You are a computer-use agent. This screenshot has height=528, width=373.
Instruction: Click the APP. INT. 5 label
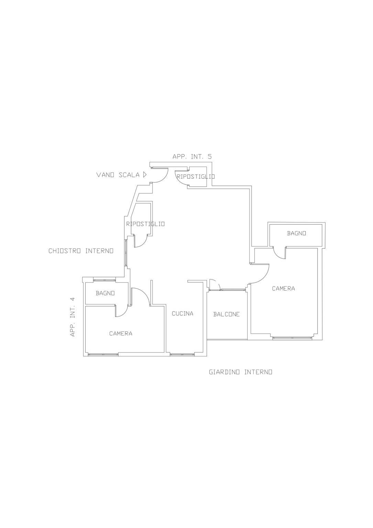[x=192, y=157]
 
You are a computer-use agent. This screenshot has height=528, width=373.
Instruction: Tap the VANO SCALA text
[x=118, y=175]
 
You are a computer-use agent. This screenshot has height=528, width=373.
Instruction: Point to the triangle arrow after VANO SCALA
[x=145, y=175]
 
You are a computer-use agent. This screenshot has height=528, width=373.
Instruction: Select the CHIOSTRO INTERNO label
[x=81, y=251]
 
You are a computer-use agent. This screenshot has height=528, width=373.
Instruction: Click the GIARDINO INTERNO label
[x=241, y=372]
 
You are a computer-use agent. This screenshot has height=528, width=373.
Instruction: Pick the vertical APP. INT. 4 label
[x=73, y=317]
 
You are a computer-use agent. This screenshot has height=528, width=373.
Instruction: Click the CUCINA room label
[x=183, y=313]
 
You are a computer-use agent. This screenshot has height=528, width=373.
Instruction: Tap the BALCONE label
[x=227, y=314]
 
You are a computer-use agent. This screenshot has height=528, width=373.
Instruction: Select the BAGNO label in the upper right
[x=296, y=233]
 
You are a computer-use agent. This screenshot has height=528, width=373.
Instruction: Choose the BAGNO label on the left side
[x=105, y=293]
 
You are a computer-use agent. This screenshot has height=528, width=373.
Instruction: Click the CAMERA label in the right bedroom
[x=284, y=289]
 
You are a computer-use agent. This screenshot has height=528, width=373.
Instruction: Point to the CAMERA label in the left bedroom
[x=121, y=334]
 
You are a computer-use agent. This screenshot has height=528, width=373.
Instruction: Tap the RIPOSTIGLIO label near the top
[x=196, y=176]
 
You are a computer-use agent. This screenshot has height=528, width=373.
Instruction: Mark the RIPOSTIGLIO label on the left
[x=145, y=224]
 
